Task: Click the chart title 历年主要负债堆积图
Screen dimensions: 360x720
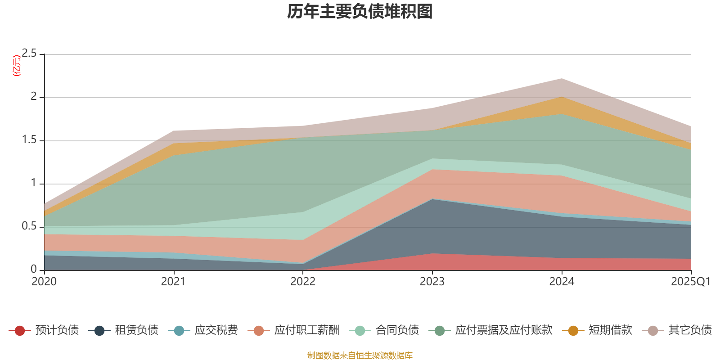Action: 360,12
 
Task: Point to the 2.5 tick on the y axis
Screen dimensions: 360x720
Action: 29,54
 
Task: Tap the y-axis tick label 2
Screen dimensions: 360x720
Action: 33,97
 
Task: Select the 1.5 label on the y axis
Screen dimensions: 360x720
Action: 29,140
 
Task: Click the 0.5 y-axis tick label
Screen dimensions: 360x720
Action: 29,226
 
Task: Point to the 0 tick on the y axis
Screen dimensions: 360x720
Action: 33,269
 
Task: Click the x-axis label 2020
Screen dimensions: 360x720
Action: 44,282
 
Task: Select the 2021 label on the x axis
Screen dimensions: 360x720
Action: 173,282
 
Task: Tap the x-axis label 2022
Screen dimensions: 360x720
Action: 303,282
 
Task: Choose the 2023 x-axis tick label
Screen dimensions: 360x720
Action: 432,282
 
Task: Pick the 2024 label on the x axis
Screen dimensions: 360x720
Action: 562,282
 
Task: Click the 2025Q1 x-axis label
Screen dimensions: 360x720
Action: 690,282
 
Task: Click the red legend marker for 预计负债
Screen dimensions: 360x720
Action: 20,331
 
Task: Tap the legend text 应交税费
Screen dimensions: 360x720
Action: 216,330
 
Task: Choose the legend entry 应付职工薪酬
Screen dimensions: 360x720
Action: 306,330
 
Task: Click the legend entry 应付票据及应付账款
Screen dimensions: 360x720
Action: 503,330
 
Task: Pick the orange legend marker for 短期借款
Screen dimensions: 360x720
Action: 573,331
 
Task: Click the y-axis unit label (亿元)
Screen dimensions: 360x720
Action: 17,66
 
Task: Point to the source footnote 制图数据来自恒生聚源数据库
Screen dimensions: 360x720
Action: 360,355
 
